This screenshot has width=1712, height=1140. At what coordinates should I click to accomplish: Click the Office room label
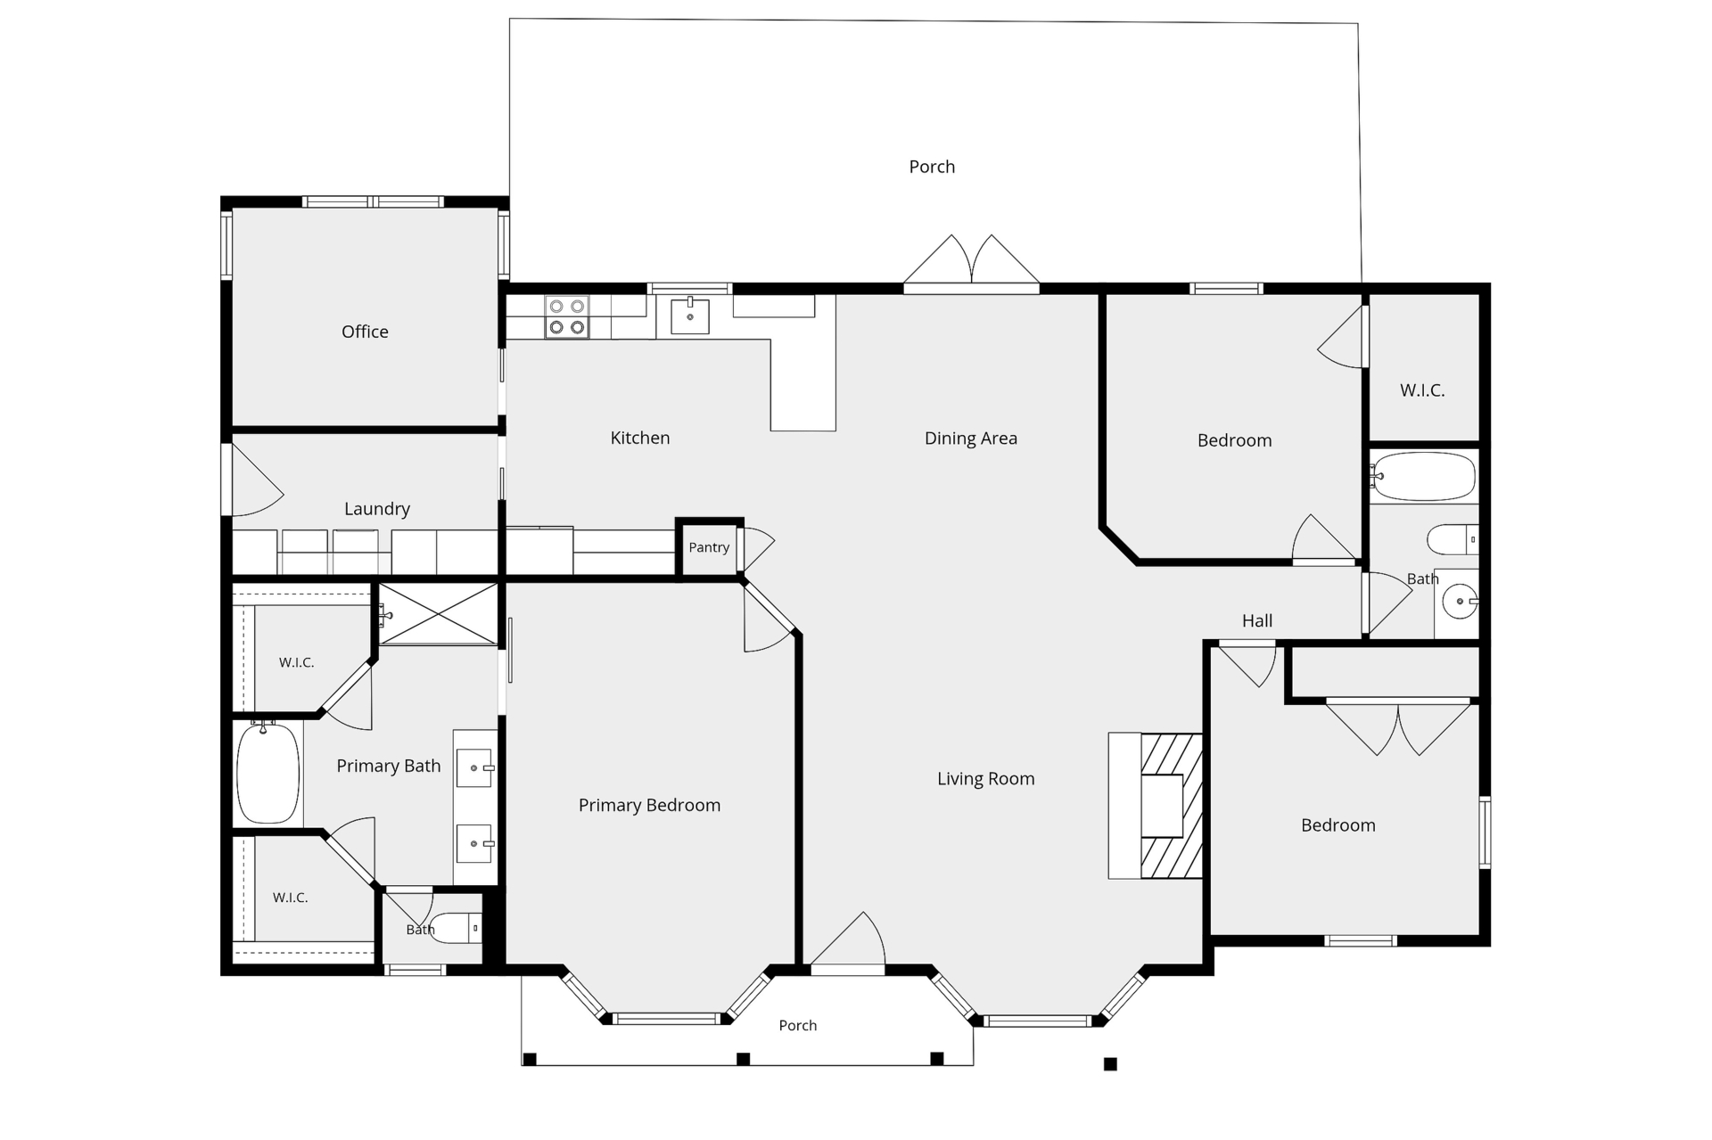pyautogui.click(x=365, y=332)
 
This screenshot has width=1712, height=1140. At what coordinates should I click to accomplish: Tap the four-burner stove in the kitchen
pyautogui.click(x=567, y=317)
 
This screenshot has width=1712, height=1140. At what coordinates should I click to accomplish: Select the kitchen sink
pyautogui.click(x=690, y=316)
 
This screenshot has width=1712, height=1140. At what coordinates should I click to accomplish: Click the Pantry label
pyautogui.click(x=709, y=547)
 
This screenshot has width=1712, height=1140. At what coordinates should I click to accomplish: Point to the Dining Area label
pyautogui.click(x=971, y=439)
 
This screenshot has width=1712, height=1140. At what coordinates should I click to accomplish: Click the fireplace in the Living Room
pyautogui.click(x=1156, y=806)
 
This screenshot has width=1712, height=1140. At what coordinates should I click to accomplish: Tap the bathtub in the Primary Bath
pyautogui.click(x=267, y=773)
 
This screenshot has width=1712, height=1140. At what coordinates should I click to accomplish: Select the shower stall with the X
pyautogui.click(x=439, y=614)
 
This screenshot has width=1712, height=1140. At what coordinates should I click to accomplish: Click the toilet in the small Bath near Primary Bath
pyautogui.click(x=456, y=928)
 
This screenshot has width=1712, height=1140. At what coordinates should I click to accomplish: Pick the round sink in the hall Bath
pyautogui.click(x=1460, y=602)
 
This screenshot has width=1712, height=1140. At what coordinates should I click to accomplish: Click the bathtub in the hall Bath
pyautogui.click(x=1423, y=477)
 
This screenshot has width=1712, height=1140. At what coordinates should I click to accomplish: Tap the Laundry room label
pyautogui.click(x=377, y=509)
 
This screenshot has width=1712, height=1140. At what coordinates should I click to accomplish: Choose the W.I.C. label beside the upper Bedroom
pyautogui.click(x=1422, y=390)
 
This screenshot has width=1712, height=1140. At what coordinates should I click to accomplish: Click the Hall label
pyautogui.click(x=1257, y=621)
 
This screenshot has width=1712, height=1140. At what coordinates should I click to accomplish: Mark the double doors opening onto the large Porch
pyautogui.click(x=972, y=264)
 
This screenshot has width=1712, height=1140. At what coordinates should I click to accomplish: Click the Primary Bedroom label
pyautogui.click(x=649, y=806)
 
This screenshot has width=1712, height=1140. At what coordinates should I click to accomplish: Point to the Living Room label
pyautogui.click(x=986, y=779)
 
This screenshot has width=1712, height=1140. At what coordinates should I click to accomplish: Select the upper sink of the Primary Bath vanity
pyautogui.click(x=474, y=768)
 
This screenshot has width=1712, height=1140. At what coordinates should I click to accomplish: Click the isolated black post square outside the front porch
pyautogui.click(x=1110, y=1064)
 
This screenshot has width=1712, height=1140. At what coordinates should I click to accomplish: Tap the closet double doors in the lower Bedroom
pyautogui.click(x=1398, y=727)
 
